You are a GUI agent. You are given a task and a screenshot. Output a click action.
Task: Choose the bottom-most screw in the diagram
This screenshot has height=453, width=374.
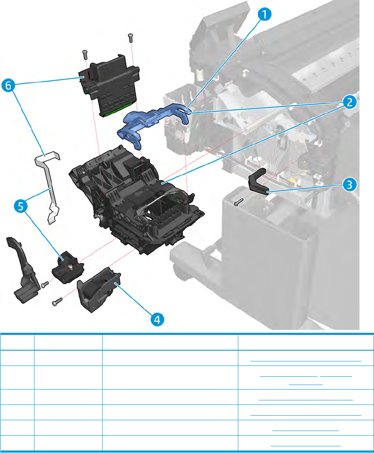point(57,302)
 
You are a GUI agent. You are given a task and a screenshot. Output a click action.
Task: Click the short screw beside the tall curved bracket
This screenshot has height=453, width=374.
point(44,284)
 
